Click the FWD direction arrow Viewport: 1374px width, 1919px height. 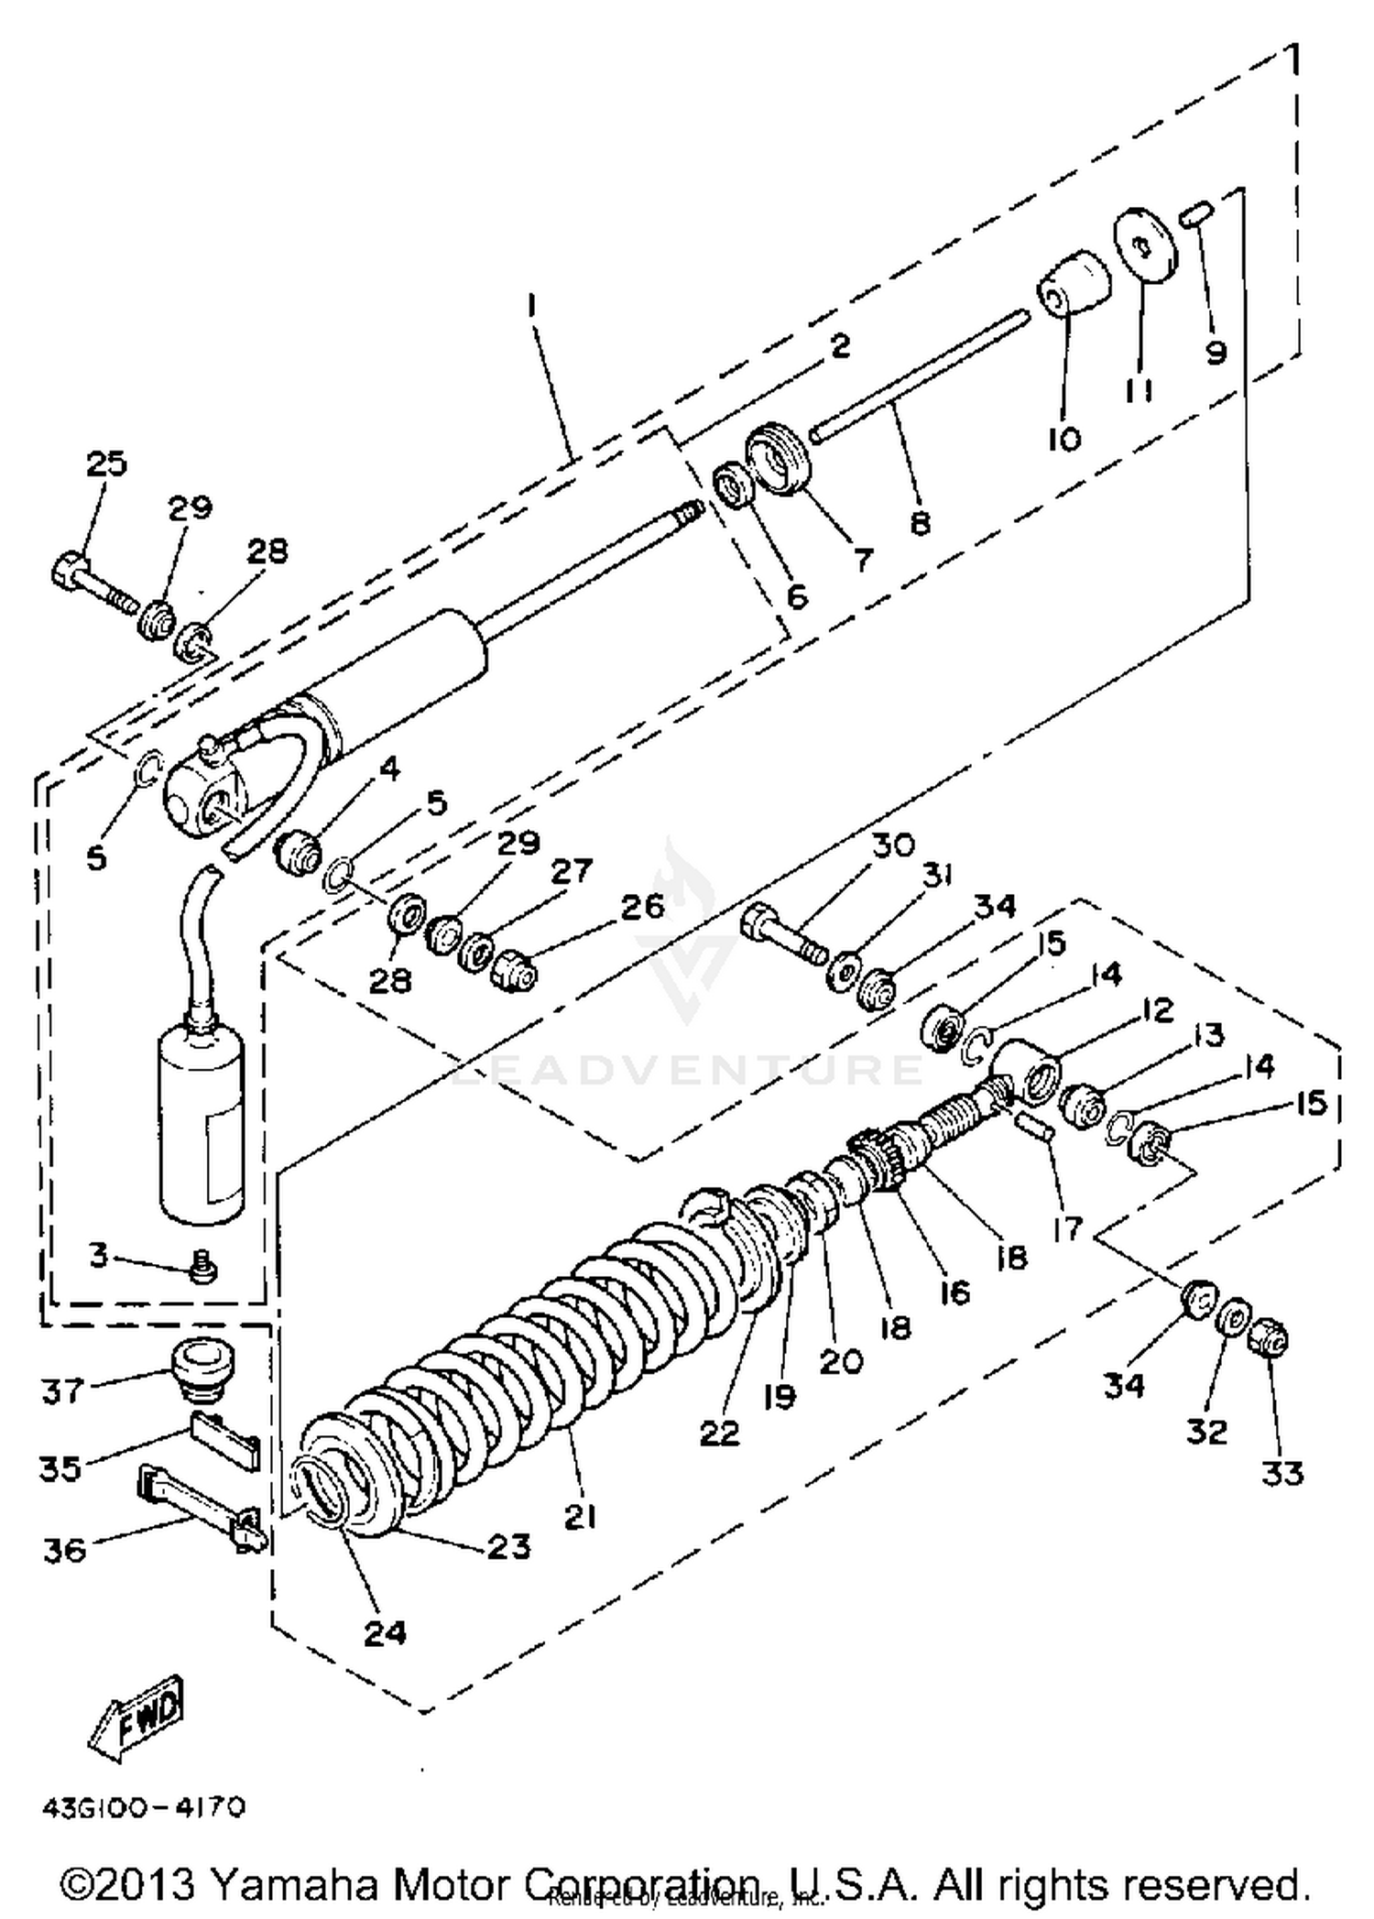tap(138, 1717)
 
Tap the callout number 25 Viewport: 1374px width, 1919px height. tap(106, 463)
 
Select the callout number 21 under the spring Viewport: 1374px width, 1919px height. tap(580, 1518)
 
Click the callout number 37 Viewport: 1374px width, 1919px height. tap(62, 1390)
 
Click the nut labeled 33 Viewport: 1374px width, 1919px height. tap(1270, 1338)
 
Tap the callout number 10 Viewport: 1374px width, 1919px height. tap(1063, 439)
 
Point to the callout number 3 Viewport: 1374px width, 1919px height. tap(99, 1254)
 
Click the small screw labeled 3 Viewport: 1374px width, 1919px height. tap(204, 1267)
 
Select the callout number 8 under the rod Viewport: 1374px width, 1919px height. tap(921, 522)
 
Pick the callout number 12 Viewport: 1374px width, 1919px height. tap(1156, 1010)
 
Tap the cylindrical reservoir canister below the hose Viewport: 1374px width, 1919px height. tap(202, 1127)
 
